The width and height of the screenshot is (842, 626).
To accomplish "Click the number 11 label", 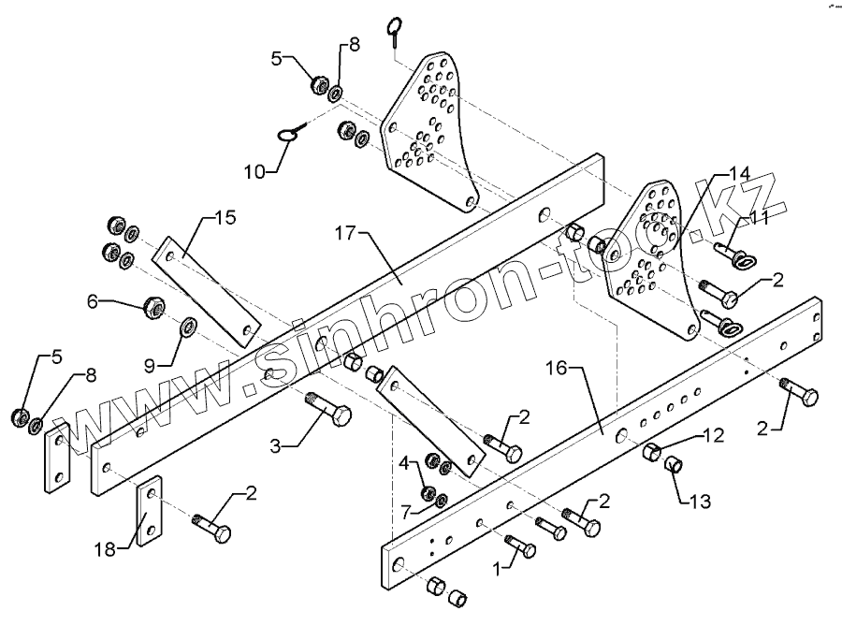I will point(760,218).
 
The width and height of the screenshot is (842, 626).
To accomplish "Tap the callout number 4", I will point(404,462).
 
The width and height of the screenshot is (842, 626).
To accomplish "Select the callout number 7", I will point(404,512).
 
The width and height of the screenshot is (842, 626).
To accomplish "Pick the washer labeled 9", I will point(187,327).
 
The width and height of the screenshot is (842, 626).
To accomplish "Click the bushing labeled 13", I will point(672,465).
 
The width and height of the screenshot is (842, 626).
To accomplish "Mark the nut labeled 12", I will point(651,453).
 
